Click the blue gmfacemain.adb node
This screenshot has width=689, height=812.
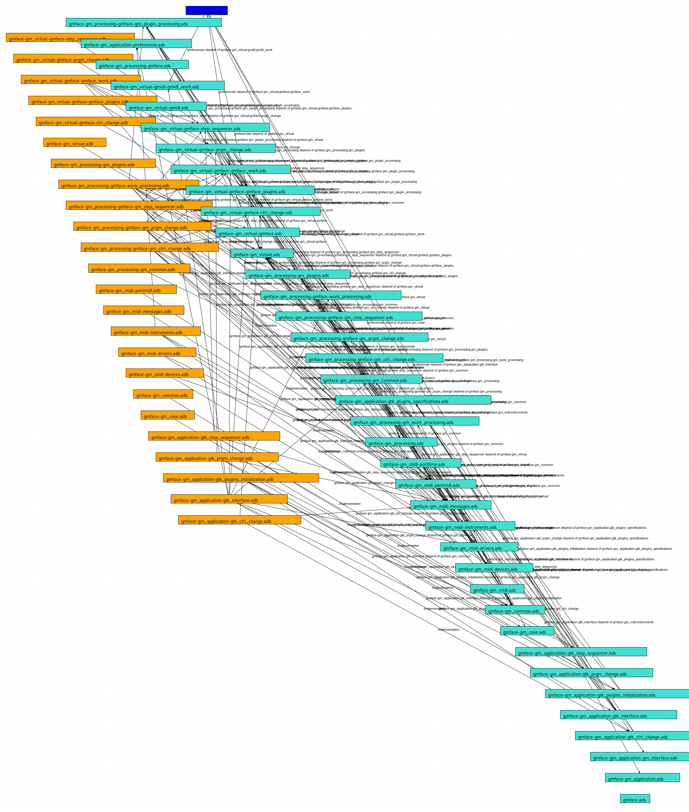[206, 10]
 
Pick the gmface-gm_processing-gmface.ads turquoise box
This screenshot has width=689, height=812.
[142, 64]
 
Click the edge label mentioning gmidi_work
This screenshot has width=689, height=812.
[230, 50]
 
